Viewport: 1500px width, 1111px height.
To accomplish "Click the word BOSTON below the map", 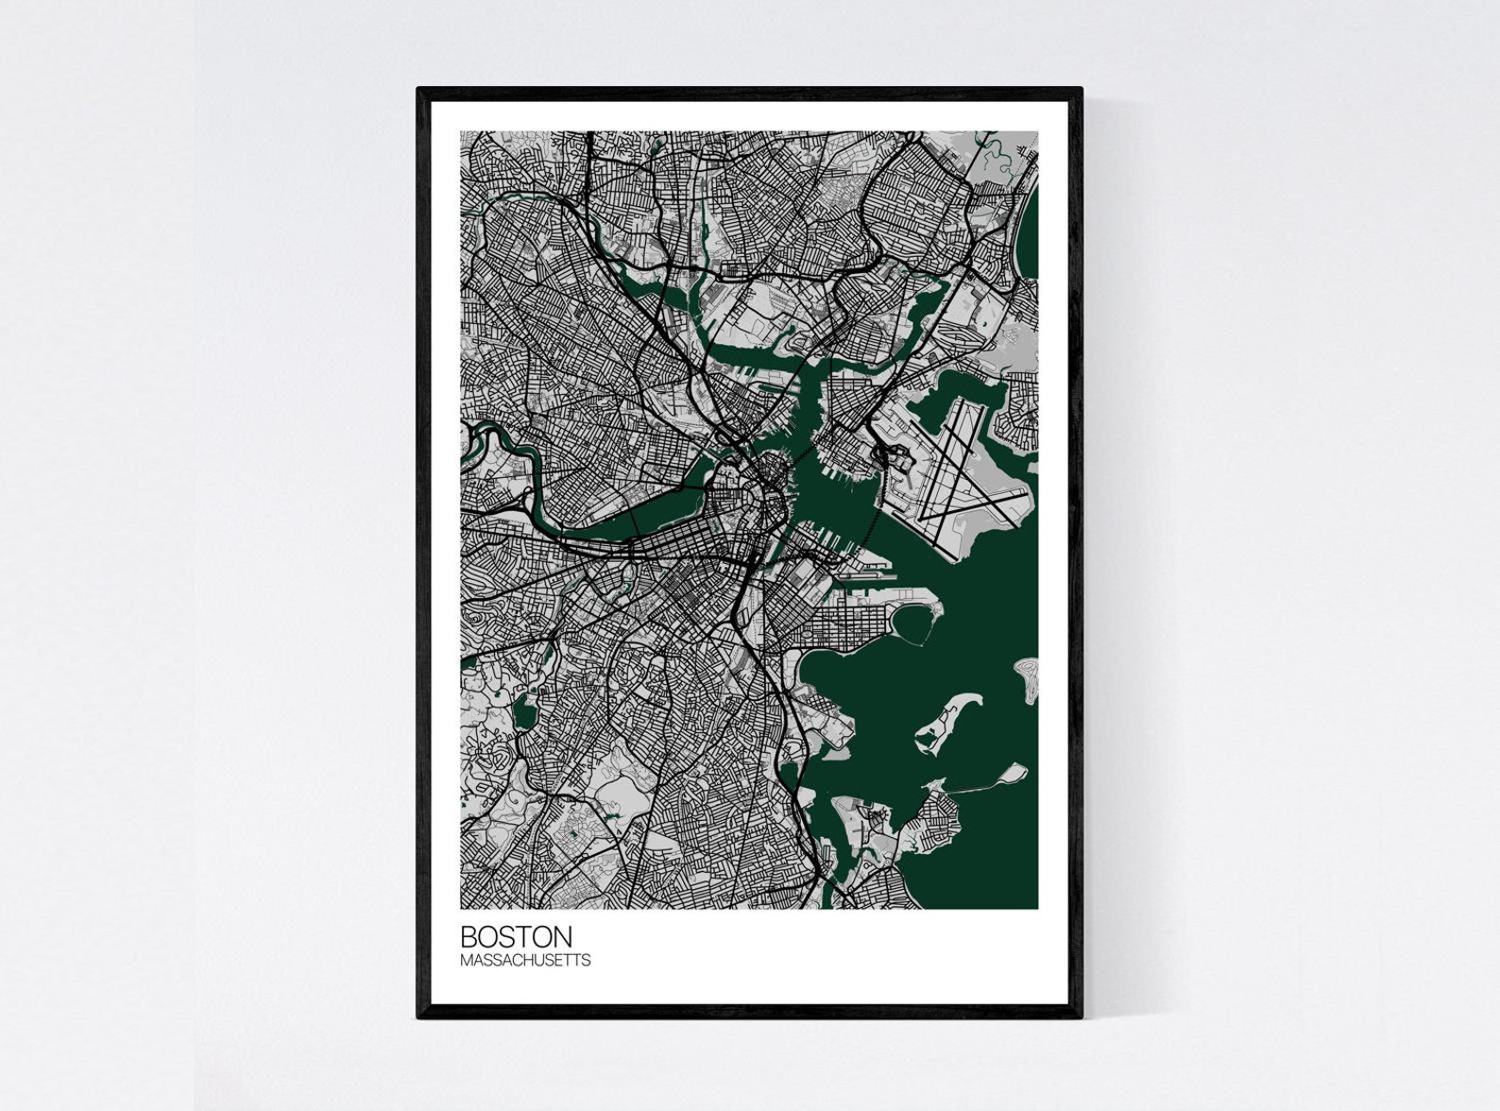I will (516, 936).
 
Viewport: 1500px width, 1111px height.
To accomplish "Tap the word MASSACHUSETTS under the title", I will (525, 960).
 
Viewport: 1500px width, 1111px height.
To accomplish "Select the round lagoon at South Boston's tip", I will (912, 624).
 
